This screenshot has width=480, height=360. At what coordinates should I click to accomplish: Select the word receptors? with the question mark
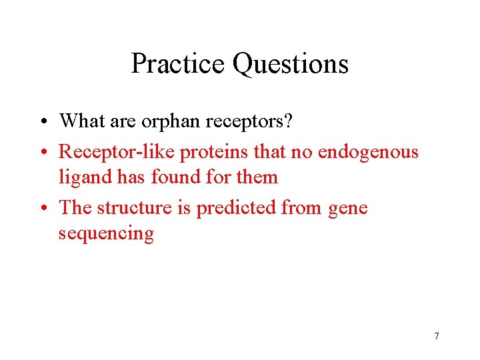pyautogui.click(x=263, y=121)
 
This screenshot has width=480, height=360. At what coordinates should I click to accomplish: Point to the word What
pyautogui.click(x=83, y=121)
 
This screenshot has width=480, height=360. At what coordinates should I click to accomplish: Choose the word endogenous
pyautogui.click(x=368, y=152)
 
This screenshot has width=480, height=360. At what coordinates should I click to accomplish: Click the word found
pyautogui.click(x=175, y=177)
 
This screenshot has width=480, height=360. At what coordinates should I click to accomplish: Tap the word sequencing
pyautogui.click(x=106, y=234)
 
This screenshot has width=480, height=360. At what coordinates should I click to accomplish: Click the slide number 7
pyautogui.click(x=437, y=336)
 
